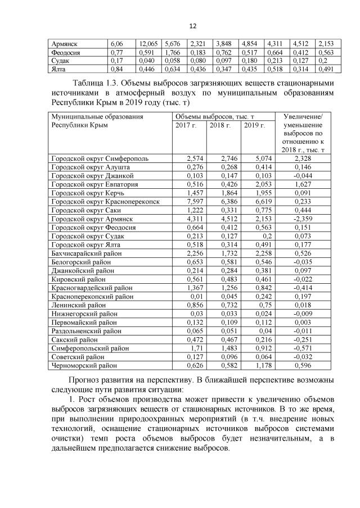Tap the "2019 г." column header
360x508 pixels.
click(x=254, y=125)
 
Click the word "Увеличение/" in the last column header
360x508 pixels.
click(x=307, y=116)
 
